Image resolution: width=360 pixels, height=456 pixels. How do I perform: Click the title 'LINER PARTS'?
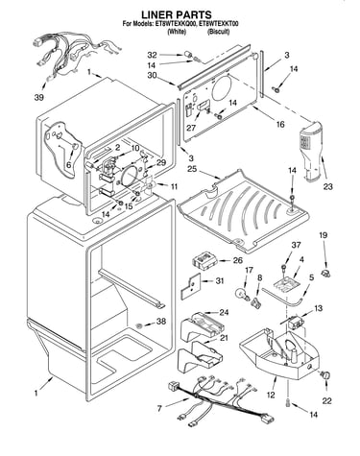pyautogui.click(x=177, y=14)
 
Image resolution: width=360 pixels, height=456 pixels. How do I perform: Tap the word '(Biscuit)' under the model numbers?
pyautogui.click(x=218, y=32)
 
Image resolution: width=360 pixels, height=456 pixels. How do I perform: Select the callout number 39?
pyautogui.click(x=39, y=98)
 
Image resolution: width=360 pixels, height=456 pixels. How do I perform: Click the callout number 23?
pyautogui.click(x=328, y=186)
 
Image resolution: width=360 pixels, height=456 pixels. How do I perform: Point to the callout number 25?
pyautogui.click(x=192, y=168)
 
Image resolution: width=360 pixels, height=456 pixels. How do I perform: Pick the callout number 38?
pyautogui.click(x=161, y=321)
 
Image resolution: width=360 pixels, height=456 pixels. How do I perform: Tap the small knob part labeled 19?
pyautogui.click(x=326, y=273)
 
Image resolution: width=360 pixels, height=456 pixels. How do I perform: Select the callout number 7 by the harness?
pyautogui.click(x=159, y=408)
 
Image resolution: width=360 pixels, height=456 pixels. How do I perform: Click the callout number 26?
pyautogui.click(x=237, y=260)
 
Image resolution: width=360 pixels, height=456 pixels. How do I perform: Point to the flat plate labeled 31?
pyautogui.click(x=190, y=286)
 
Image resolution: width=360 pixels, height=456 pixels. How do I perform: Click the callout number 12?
pyautogui.click(x=271, y=395)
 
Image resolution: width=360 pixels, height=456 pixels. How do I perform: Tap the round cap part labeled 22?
pyautogui.click(x=326, y=376)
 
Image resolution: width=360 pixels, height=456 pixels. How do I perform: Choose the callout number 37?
pyautogui.click(x=296, y=245)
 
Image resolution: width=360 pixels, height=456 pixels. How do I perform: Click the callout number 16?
pyautogui.click(x=280, y=124)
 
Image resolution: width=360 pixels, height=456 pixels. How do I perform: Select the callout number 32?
pyautogui.click(x=153, y=55)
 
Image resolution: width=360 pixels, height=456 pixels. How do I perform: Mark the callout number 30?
pyautogui.click(x=153, y=76)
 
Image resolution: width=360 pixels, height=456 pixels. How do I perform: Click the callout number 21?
pyautogui.click(x=224, y=338)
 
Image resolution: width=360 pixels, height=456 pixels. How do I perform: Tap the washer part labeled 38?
pyautogui.click(x=139, y=325)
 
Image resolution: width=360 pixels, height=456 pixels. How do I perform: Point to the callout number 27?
pyautogui.click(x=191, y=128)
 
